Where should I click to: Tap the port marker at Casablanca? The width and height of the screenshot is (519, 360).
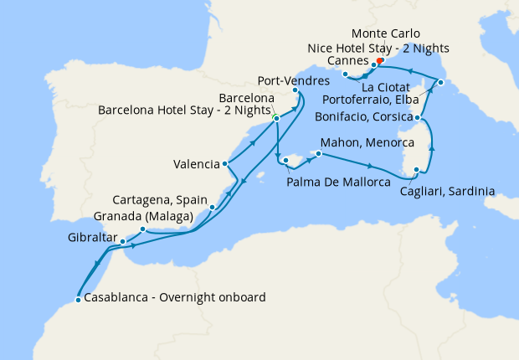coord(78,299)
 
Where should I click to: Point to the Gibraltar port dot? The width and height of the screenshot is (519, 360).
coord(123,241)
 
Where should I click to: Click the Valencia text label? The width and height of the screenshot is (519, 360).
coord(197,163)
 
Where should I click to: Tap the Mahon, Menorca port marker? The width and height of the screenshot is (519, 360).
coord(316,155)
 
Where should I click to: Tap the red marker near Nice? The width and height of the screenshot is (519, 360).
coord(379,60)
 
